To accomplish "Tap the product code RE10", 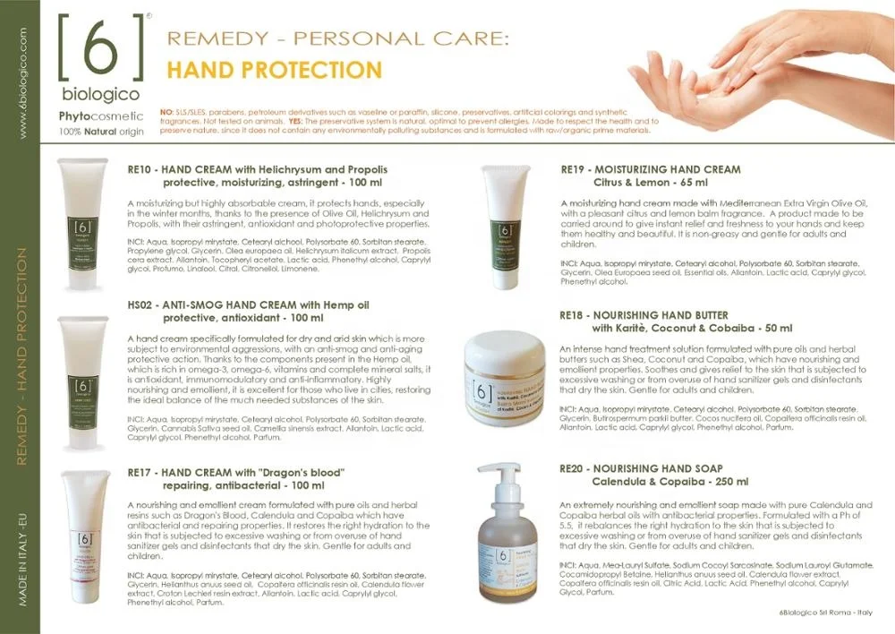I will [142, 169].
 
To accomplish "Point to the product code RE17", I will [142, 471].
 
